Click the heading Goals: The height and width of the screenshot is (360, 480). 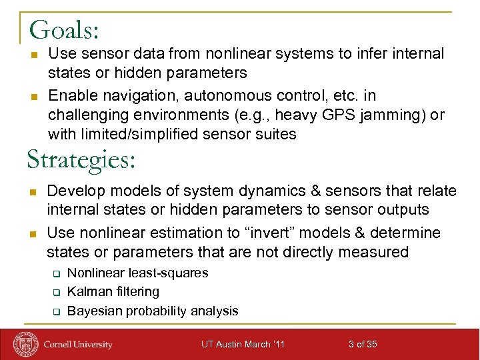point(65,30)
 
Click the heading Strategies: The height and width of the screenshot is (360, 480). point(81,161)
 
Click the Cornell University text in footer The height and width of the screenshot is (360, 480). point(78,345)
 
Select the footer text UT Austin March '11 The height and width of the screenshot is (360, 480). point(243,344)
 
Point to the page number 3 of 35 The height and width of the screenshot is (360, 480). point(363,344)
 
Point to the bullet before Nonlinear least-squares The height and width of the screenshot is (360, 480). point(57,273)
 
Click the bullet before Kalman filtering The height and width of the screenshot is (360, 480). point(57,292)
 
